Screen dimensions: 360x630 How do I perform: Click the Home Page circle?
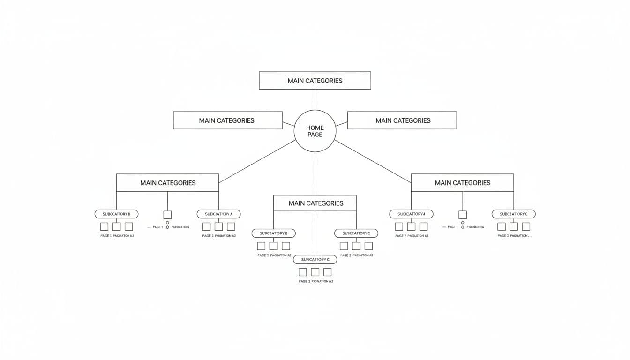[315, 131]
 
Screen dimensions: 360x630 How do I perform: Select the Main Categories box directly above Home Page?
[315, 81]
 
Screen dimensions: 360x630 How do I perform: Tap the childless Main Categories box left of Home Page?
[228, 120]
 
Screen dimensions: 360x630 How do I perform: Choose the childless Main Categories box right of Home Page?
[402, 120]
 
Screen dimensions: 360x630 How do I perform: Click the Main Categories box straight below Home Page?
[315, 203]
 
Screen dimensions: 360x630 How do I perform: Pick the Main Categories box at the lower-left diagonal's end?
[167, 183]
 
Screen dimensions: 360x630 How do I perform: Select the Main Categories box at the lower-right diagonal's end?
[462, 183]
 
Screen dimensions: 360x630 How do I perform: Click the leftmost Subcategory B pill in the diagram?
[116, 214]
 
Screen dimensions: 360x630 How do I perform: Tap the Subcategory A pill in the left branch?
[218, 214]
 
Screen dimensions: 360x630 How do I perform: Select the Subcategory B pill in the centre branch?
[273, 233]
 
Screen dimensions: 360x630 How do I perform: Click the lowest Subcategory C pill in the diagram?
[315, 259]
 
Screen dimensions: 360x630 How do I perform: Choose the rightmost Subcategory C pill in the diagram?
[513, 214]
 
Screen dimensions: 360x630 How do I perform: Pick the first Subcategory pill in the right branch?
[411, 214]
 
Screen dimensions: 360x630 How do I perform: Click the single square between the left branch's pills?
[167, 215]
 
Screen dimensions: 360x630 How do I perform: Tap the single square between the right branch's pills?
[462, 215]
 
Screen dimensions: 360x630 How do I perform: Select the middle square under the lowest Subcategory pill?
[315, 272]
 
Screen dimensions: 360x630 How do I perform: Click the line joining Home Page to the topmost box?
[315, 99]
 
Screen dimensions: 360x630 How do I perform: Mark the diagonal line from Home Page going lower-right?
[373, 161]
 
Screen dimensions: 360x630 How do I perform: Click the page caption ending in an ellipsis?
[514, 236]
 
